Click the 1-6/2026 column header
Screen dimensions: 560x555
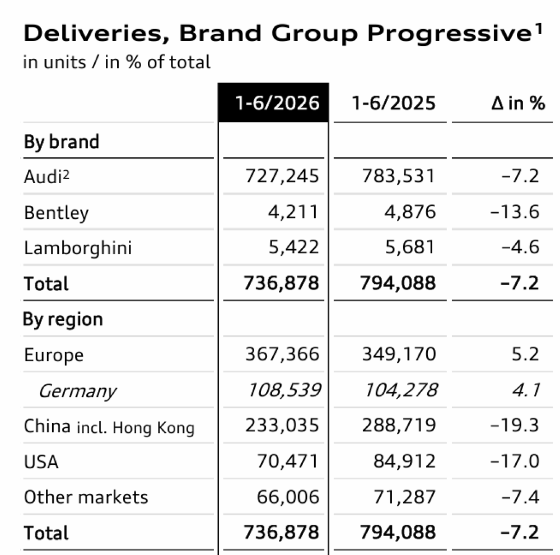point(277,103)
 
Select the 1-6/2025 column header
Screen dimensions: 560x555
point(394,103)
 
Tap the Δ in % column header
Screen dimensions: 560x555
point(518,103)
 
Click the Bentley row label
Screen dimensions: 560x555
point(57,213)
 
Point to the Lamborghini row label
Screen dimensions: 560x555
point(78,248)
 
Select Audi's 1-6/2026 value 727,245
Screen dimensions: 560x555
point(282,176)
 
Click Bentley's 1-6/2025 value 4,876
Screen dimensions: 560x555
point(410,212)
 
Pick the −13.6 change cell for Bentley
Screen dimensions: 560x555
point(515,212)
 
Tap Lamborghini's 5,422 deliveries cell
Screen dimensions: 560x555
point(293,247)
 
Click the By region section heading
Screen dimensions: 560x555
point(63,319)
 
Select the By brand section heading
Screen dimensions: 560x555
point(62,142)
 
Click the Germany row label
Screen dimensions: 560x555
point(77,391)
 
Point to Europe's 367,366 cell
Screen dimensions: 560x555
point(282,355)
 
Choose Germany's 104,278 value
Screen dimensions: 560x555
point(401,390)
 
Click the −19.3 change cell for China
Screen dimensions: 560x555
point(515,426)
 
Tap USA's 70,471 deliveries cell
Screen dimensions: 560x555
point(288,461)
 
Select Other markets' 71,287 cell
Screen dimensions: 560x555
point(404,497)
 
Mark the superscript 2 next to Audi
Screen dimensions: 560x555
point(66,174)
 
